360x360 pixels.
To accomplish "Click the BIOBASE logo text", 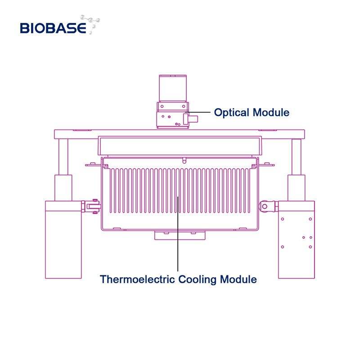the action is tap(53, 28).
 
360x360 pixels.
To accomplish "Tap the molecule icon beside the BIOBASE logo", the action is tap(93, 24).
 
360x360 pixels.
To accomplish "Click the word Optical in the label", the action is tap(231, 112).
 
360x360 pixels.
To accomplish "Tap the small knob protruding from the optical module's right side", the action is tap(193, 120).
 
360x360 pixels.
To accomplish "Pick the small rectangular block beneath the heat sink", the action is tap(180, 235).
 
